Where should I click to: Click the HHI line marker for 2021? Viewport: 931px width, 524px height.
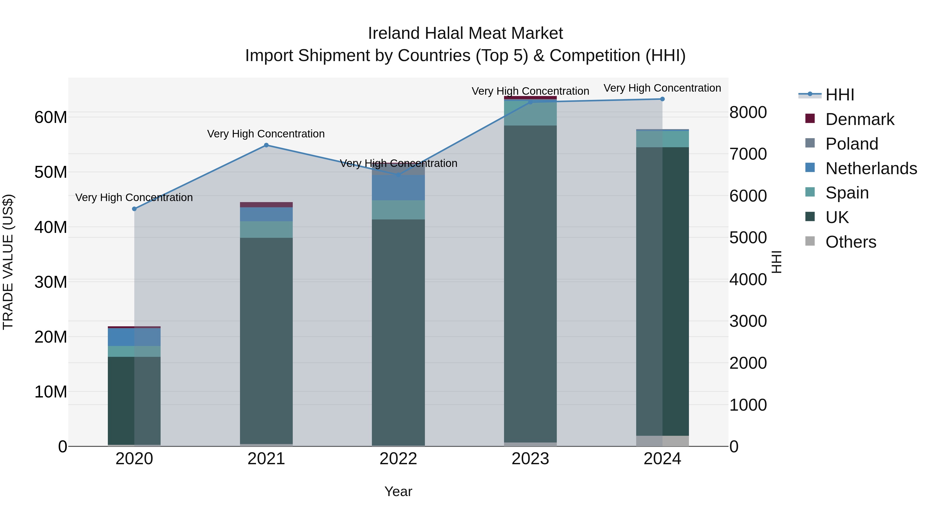[x=266, y=145]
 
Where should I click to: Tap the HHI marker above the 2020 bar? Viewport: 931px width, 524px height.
[x=134, y=209]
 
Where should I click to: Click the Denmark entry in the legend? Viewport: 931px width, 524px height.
[x=859, y=119]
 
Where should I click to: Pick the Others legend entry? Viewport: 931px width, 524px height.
[x=850, y=242]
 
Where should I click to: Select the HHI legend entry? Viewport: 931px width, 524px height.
[x=839, y=95]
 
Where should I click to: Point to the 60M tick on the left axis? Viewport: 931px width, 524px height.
[x=51, y=117]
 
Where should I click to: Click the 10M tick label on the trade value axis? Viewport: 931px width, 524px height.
[x=51, y=392]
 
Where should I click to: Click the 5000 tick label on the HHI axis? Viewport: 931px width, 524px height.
[x=748, y=238]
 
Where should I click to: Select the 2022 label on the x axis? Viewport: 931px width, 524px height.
[x=398, y=459]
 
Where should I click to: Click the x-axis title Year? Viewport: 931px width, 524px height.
[x=398, y=491]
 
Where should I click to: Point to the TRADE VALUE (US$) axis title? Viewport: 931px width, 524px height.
[x=8, y=262]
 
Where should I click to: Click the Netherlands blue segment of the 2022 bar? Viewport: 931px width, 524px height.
[x=398, y=187]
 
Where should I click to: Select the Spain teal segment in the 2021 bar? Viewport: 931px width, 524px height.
[x=266, y=229]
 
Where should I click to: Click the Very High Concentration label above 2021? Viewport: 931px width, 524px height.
[x=266, y=134]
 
